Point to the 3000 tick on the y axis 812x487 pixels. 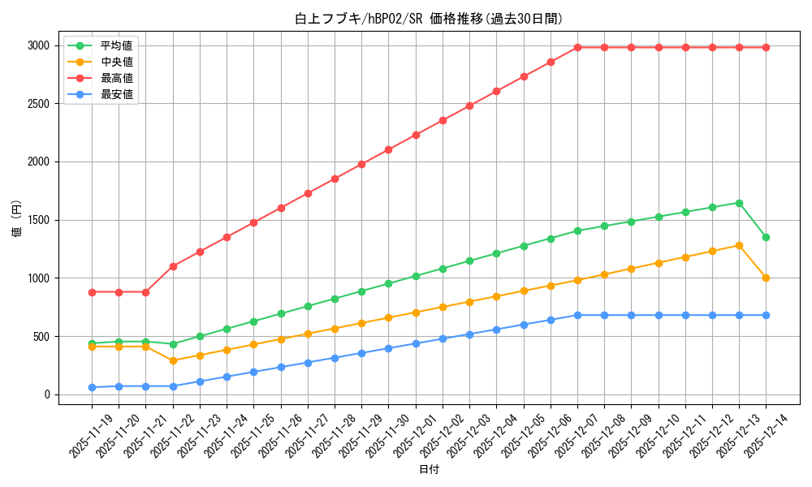point(37,46)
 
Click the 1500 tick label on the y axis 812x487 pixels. point(37,220)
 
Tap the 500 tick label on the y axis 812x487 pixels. point(40,337)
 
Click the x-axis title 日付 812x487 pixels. point(429,470)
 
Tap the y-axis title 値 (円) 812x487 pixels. point(15,218)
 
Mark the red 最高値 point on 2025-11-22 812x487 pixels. point(173,266)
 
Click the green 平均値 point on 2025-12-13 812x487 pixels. point(739,203)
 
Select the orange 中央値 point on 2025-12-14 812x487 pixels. point(766,278)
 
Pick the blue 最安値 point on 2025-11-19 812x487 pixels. point(92,387)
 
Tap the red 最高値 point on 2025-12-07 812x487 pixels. point(577,47)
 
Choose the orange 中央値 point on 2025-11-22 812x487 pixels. point(173,360)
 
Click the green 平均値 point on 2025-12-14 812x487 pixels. point(766,237)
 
